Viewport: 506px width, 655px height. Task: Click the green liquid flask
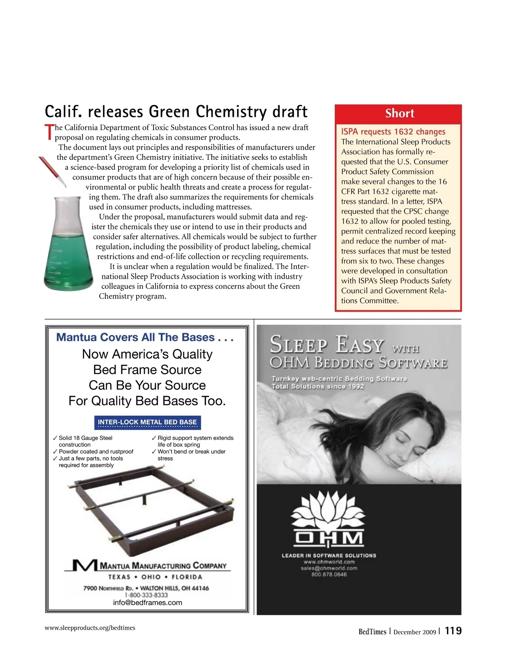click(68, 249)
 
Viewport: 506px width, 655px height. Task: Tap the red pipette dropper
click(52, 171)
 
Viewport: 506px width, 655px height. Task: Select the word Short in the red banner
click(399, 113)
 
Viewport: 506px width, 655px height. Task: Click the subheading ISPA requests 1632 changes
click(393, 132)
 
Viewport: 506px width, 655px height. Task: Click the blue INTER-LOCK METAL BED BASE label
click(147, 422)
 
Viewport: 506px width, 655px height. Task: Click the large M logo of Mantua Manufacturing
click(84, 566)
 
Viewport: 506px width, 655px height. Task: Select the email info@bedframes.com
click(148, 603)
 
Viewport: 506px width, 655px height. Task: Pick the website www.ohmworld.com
click(329, 562)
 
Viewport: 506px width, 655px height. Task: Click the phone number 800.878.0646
click(329, 574)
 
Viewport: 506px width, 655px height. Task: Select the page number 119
click(453, 631)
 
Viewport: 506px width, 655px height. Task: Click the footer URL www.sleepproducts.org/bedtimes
click(90, 628)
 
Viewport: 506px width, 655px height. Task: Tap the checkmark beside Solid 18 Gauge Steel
click(55, 438)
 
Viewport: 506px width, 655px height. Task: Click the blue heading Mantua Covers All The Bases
click(145, 337)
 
